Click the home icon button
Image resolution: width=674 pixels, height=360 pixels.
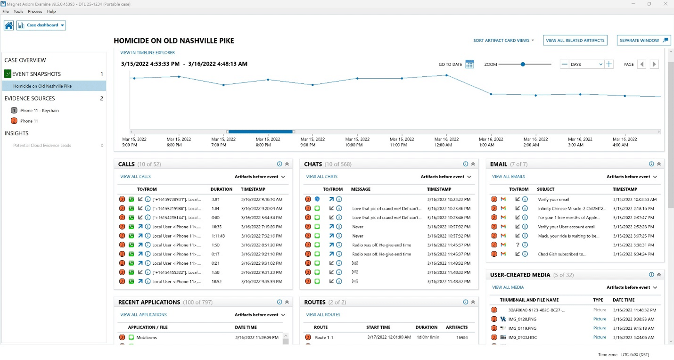[x=8, y=25]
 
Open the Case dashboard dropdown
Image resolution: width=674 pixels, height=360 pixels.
[x=41, y=25]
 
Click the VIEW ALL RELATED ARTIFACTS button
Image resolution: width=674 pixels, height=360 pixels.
[x=575, y=41]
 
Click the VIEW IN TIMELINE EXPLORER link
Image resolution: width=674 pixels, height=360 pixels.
[x=148, y=53]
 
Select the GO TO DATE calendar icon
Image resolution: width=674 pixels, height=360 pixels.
[x=469, y=65]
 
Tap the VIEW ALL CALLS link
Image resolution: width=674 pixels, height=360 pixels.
[x=135, y=177]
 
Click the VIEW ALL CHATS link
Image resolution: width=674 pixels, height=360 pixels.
[x=321, y=177]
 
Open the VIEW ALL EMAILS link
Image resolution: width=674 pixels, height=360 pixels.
[x=508, y=177]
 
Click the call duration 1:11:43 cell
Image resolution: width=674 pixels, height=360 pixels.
[x=218, y=236]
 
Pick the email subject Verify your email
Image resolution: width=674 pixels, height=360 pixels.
[x=553, y=199]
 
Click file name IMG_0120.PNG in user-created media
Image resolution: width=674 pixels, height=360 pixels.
[x=522, y=319]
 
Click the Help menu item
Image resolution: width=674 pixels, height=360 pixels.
[x=51, y=11]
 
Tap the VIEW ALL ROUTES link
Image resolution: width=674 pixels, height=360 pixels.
[x=323, y=315]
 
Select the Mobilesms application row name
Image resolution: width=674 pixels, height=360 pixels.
[x=146, y=337]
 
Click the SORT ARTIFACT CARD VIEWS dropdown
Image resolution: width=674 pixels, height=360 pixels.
[x=503, y=41]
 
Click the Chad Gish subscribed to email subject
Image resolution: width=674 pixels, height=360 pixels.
[x=562, y=254]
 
